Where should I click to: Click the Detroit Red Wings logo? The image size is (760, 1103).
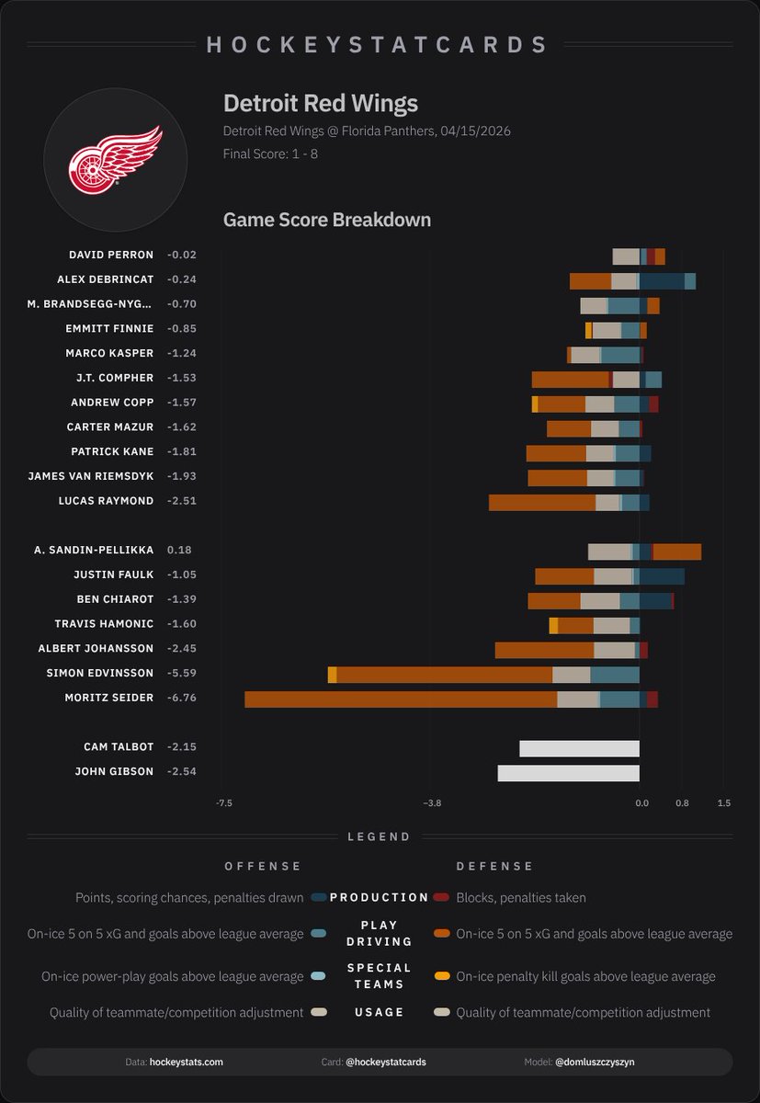point(115,159)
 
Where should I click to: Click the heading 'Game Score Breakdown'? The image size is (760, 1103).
point(326,220)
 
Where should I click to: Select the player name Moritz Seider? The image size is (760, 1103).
point(108,698)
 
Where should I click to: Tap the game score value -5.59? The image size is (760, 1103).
point(181,673)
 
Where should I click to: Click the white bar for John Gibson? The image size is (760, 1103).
point(568,772)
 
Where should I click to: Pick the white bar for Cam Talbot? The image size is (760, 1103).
point(579,748)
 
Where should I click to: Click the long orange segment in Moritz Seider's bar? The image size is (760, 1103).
point(401,699)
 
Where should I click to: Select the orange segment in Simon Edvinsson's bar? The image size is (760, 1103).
point(444,675)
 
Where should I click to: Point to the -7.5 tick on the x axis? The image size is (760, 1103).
point(223,803)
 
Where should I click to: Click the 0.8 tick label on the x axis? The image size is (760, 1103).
point(682,803)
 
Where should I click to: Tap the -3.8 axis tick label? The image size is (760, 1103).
point(431,803)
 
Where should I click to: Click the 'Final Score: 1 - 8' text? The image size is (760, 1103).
point(270,154)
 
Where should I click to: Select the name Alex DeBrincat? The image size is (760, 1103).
point(115,279)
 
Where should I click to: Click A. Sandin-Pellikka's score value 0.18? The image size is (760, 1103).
point(179,550)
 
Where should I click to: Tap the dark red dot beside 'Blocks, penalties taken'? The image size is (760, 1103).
point(441,897)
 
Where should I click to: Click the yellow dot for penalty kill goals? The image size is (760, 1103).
point(441,976)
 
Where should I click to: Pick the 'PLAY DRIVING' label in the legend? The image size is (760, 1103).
point(379,934)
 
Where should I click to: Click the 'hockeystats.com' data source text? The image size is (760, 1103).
point(186,1062)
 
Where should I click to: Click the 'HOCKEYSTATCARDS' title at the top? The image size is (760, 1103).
point(379,44)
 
